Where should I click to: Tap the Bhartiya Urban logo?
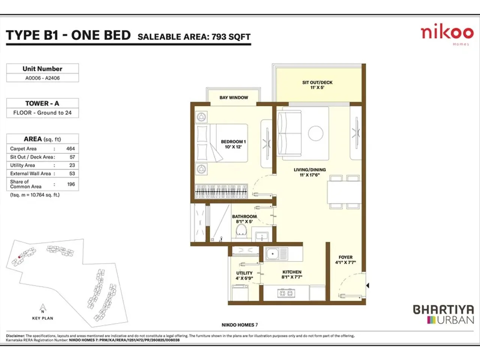443,314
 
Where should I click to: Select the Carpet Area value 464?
70,149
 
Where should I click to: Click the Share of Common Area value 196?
71,184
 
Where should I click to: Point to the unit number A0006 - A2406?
42,78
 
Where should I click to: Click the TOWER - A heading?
42,103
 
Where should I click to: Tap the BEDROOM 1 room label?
233,144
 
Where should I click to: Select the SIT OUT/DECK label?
317,85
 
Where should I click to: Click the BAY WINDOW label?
234,97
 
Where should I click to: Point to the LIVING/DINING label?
310,172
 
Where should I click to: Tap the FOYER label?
345,260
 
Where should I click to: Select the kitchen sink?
273,254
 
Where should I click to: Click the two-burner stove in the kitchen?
285,293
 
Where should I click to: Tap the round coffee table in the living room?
316,133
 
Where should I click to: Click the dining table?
344,192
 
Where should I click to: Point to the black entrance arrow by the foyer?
367,286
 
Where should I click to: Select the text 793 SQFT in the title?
231,37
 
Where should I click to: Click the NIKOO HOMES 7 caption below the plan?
240,325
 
